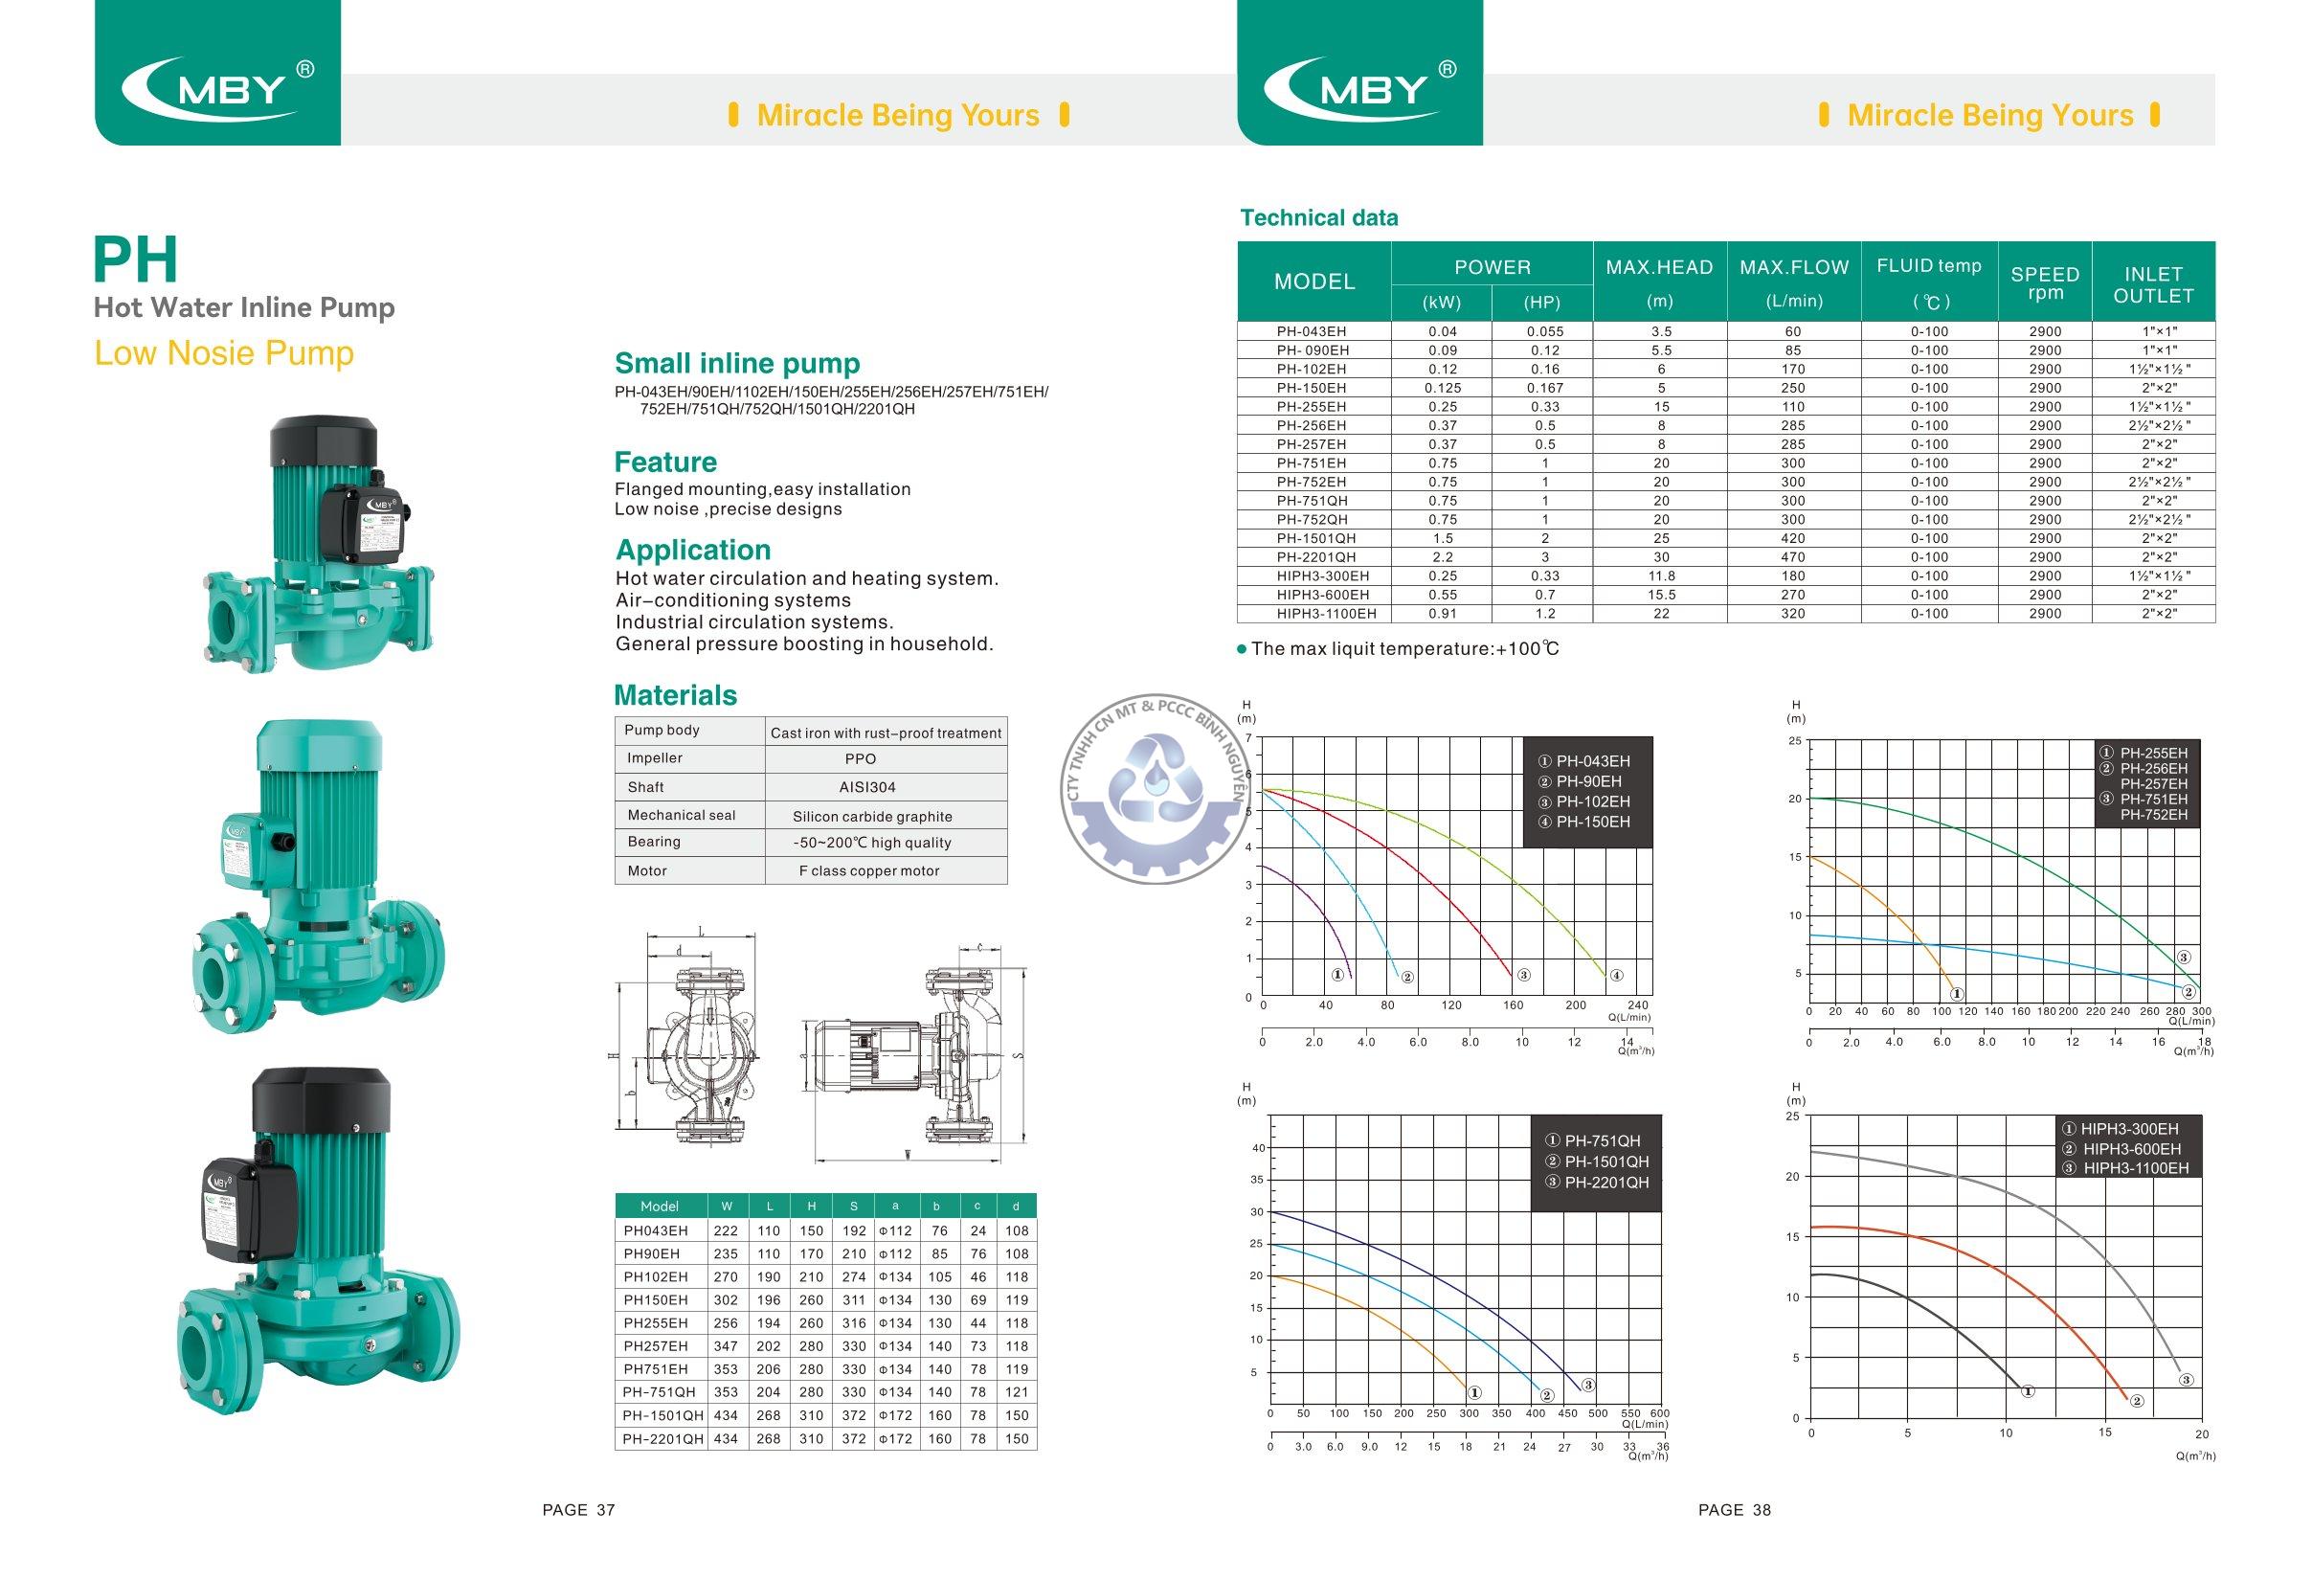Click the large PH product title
(x=135, y=260)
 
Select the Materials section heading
(x=676, y=695)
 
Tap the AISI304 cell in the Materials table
(x=867, y=787)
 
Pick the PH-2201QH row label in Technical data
(x=1315, y=557)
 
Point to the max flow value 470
(x=1794, y=557)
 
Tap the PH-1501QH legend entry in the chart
(x=1597, y=1162)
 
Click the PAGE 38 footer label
(x=1734, y=1510)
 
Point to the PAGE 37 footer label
(x=579, y=1510)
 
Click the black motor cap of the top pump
(x=324, y=440)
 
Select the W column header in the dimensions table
(x=727, y=1206)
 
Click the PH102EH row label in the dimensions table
(x=656, y=1276)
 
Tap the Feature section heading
(x=664, y=462)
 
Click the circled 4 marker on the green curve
(x=1617, y=976)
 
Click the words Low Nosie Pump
(x=224, y=353)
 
